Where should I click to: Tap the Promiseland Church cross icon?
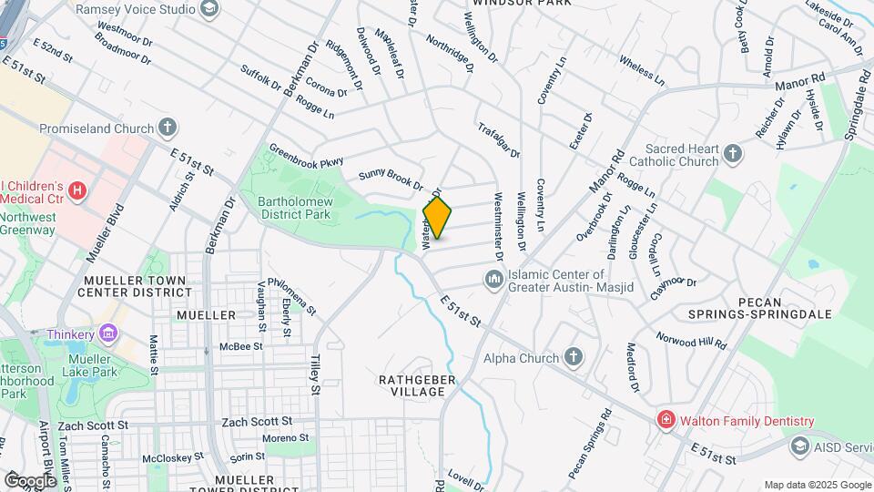click(167, 128)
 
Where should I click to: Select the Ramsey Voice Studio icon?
click(210, 9)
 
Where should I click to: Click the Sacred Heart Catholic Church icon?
click(734, 155)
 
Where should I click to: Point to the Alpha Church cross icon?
click(574, 357)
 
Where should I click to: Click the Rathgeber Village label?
click(412, 384)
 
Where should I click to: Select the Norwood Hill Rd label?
click(692, 340)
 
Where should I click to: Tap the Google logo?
click(29, 480)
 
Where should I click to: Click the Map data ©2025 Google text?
click(817, 485)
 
